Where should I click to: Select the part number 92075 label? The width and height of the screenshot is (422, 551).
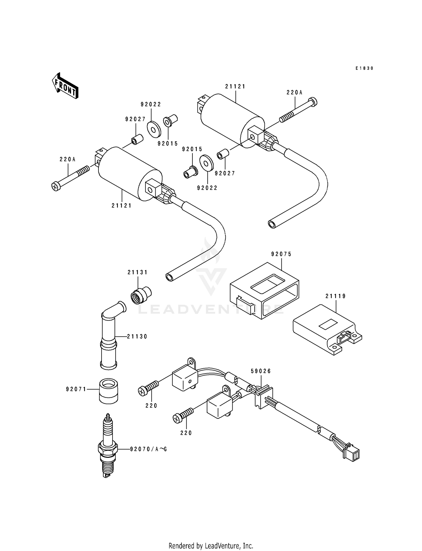pos(281,254)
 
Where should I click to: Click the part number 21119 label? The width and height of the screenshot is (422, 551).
pos(336,296)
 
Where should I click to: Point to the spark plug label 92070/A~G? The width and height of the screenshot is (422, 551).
pos(148,449)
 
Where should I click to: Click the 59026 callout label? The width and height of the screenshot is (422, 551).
pos(261,371)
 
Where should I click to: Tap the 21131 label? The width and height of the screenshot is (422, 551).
pos(137,272)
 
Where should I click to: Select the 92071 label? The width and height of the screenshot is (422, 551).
pos(76,389)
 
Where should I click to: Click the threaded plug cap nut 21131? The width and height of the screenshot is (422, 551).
pos(141,295)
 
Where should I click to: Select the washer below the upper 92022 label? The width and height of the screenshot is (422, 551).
pos(154,129)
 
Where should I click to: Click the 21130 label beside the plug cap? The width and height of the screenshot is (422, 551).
pos(137,336)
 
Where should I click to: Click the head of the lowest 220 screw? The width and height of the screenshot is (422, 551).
pos(176,419)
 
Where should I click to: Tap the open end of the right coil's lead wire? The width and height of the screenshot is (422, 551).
pos(272,224)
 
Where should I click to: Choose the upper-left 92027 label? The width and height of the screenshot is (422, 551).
pos(135,119)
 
